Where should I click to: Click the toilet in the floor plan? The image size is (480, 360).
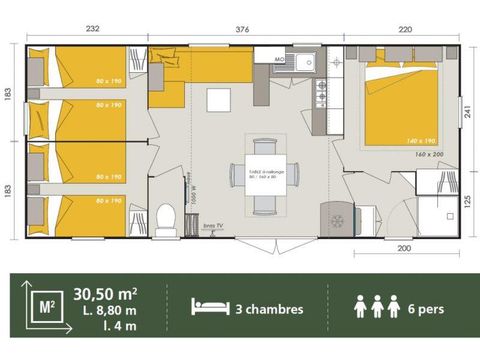tap(167, 216)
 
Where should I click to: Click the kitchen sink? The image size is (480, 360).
tap(304, 64)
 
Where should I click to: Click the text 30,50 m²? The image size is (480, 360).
tap(105, 293)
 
